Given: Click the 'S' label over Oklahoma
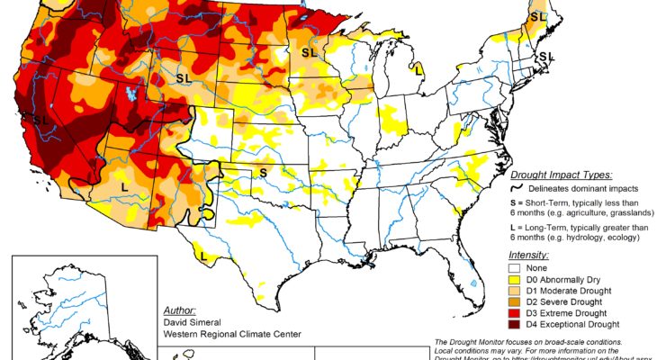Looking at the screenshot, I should click(x=264, y=172).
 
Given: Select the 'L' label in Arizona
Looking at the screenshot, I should click(x=123, y=185).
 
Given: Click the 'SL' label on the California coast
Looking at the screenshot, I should click(x=40, y=119).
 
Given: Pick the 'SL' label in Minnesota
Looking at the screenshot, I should click(x=309, y=53).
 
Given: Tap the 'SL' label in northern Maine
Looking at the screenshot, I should click(x=538, y=16).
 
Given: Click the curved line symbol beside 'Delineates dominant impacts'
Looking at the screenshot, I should click(x=517, y=189).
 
